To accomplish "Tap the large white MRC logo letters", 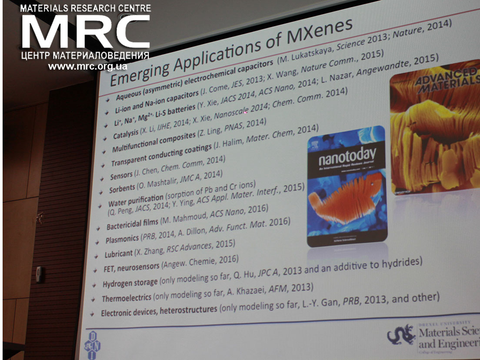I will point(85,33).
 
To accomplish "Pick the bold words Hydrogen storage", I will point(130,283).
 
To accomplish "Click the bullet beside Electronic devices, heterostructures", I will point(91,314).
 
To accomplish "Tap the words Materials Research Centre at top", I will point(86,8).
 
